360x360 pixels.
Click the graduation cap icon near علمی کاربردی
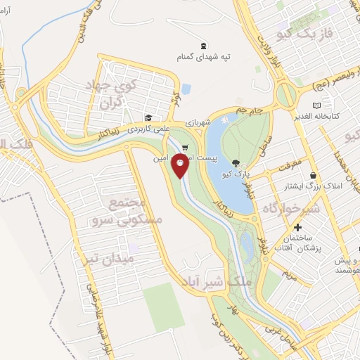pyautogui.click(x=148, y=117)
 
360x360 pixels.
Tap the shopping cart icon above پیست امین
pyautogui.click(x=184, y=148)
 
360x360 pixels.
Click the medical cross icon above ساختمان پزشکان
pyautogui.click(x=298, y=227)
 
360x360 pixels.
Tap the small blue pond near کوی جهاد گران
pyautogui.click(x=186, y=89)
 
